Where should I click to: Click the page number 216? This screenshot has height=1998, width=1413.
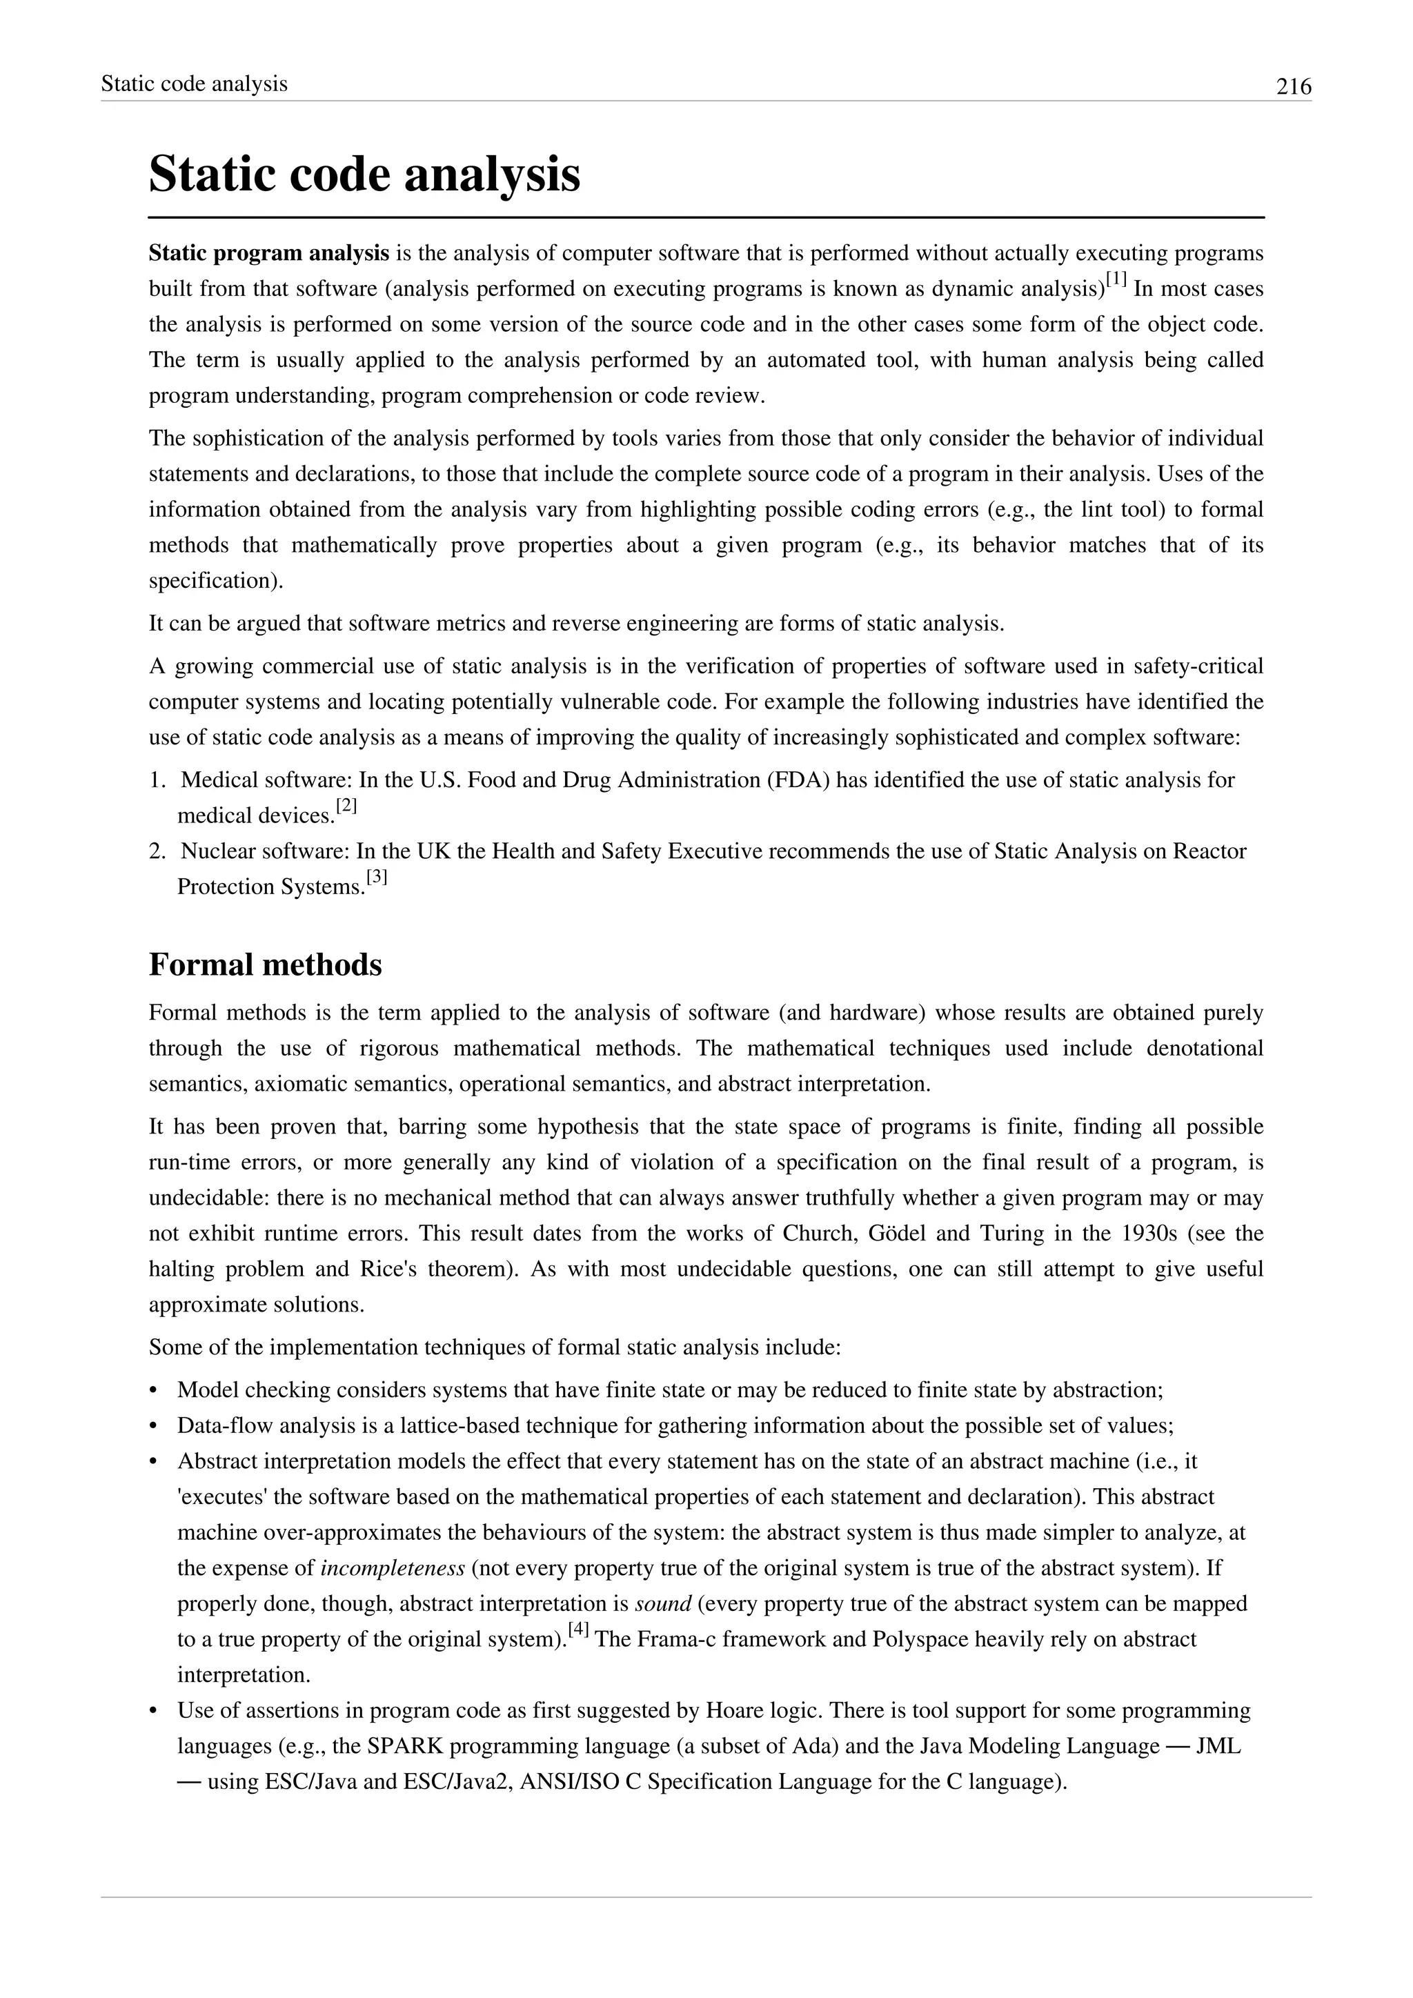(1293, 86)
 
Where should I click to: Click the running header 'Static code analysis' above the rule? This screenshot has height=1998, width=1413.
(194, 83)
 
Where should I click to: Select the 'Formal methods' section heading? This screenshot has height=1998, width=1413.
(266, 965)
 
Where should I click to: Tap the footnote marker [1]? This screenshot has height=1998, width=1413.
(1116, 279)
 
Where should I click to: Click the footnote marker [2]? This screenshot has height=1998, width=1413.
(346, 806)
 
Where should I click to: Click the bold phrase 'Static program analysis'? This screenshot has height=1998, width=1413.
(269, 253)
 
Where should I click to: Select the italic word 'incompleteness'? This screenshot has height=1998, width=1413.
(393, 1568)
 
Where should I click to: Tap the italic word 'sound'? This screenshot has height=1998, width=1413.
(663, 1604)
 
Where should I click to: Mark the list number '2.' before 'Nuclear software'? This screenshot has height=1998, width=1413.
(157, 851)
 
